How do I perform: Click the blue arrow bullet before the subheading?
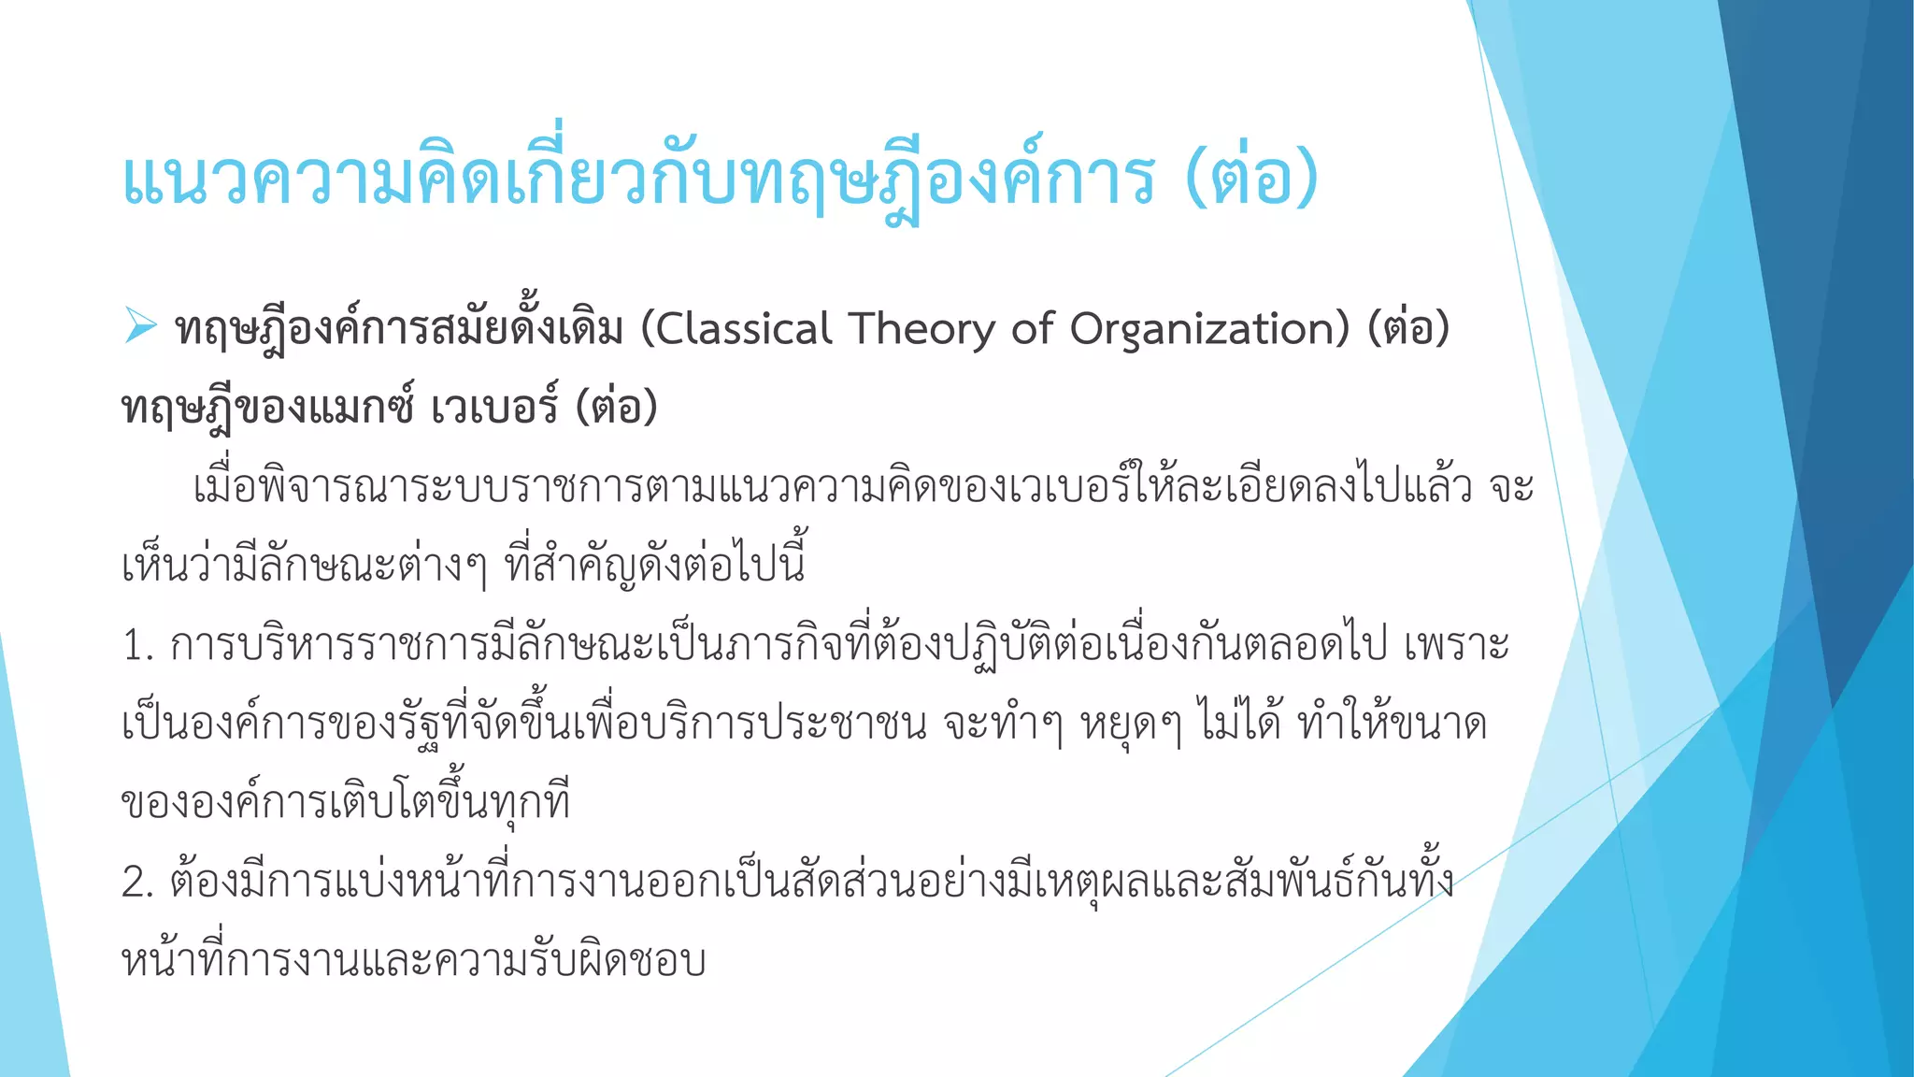click(140, 325)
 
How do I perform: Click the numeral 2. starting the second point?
click(136, 883)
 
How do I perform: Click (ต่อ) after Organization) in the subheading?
click(1408, 329)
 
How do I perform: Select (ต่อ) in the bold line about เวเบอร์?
click(617, 408)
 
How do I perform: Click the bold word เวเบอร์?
click(495, 408)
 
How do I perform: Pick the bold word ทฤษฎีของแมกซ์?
click(267, 408)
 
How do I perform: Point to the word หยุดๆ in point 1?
click(1131, 725)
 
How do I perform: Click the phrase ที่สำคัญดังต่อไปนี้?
click(654, 567)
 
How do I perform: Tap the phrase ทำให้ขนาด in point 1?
click(1393, 725)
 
